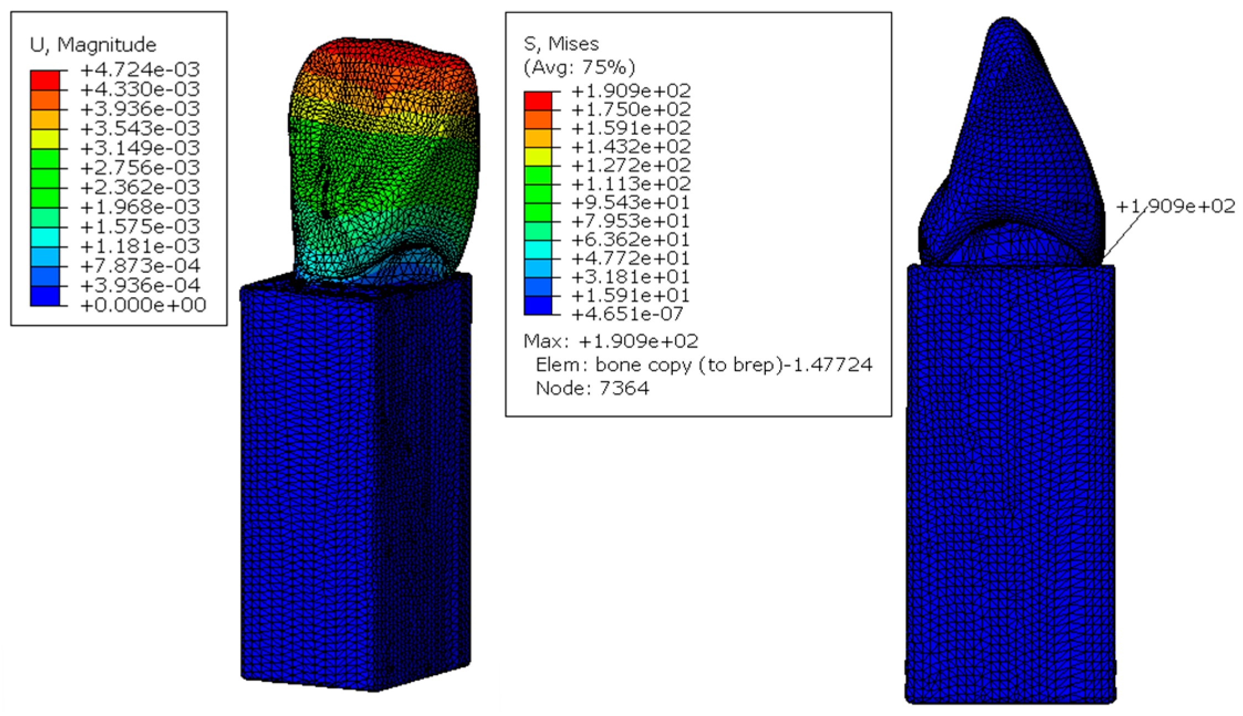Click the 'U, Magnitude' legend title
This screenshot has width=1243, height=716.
tap(93, 45)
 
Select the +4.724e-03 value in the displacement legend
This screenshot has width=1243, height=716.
tap(140, 69)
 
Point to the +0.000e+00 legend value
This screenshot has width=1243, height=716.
tap(143, 305)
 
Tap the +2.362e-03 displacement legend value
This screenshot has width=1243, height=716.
tap(140, 187)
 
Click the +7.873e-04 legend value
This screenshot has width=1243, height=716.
tap(140, 266)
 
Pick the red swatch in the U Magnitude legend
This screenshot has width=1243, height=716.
tap(45, 80)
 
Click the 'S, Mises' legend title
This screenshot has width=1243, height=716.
tap(561, 44)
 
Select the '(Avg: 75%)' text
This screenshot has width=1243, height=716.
tap(579, 67)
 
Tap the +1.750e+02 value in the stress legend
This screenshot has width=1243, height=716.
tap(631, 109)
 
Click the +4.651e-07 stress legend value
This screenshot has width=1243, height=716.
tap(628, 314)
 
